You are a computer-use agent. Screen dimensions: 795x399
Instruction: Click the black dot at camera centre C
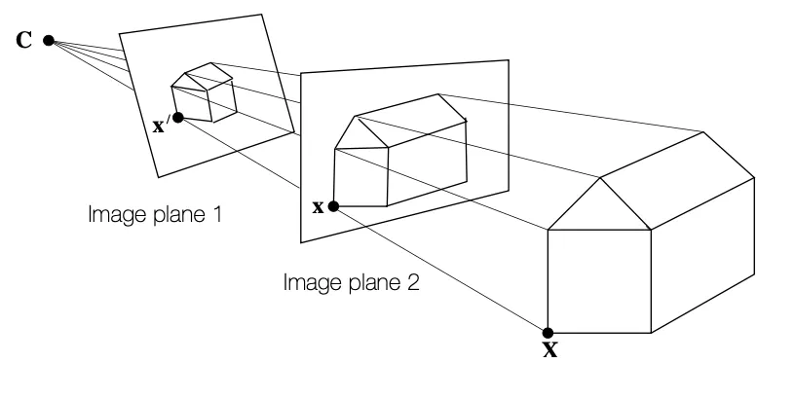(48, 42)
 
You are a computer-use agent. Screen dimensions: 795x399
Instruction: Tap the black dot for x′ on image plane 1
(177, 117)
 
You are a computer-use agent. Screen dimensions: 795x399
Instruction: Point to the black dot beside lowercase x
(333, 206)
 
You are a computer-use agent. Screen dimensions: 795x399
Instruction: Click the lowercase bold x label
(316, 206)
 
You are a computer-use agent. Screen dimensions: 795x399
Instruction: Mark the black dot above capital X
(549, 333)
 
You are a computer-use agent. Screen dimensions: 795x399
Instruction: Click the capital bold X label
(549, 350)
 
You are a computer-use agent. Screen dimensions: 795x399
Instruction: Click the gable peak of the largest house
(599, 178)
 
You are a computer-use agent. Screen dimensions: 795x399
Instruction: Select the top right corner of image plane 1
(262, 14)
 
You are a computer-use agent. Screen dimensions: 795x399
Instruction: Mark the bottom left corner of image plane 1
(156, 178)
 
